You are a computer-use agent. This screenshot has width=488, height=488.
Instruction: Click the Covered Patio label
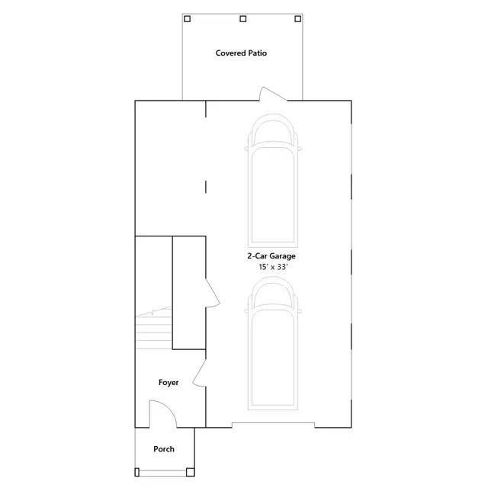pyautogui.click(x=241, y=53)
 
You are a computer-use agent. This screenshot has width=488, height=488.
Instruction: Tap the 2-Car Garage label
pyautogui.click(x=271, y=256)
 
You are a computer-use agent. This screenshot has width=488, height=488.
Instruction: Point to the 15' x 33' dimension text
pyautogui.click(x=273, y=267)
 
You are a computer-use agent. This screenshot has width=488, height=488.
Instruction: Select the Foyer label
pyautogui.click(x=169, y=383)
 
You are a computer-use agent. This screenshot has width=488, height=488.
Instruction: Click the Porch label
pyautogui.click(x=164, y=449)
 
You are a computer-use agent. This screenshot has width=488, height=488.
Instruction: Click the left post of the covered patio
pyautogui.click(x=187, y=19)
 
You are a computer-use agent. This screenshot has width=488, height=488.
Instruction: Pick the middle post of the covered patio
pyautogui.click(x=243, y=19)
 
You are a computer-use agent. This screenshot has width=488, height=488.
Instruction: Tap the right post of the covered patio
pyautogui.click(x=298, y=19)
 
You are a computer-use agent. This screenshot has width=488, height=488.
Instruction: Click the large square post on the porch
pyautogui.click(x=191, y=472)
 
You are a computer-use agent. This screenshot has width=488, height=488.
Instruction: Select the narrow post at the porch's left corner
pyautogui.click(x=136, y=472)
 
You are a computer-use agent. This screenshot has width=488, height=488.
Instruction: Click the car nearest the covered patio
pyautogui.click(x=273, y=181)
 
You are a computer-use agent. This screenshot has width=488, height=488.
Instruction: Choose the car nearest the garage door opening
pyautogui.click(x=273, y=343)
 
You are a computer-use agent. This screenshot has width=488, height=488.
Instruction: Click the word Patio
pyautogui.click(x=258, y=53)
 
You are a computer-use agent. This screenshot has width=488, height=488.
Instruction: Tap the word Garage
pyautogui.click(x=282, y=256)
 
